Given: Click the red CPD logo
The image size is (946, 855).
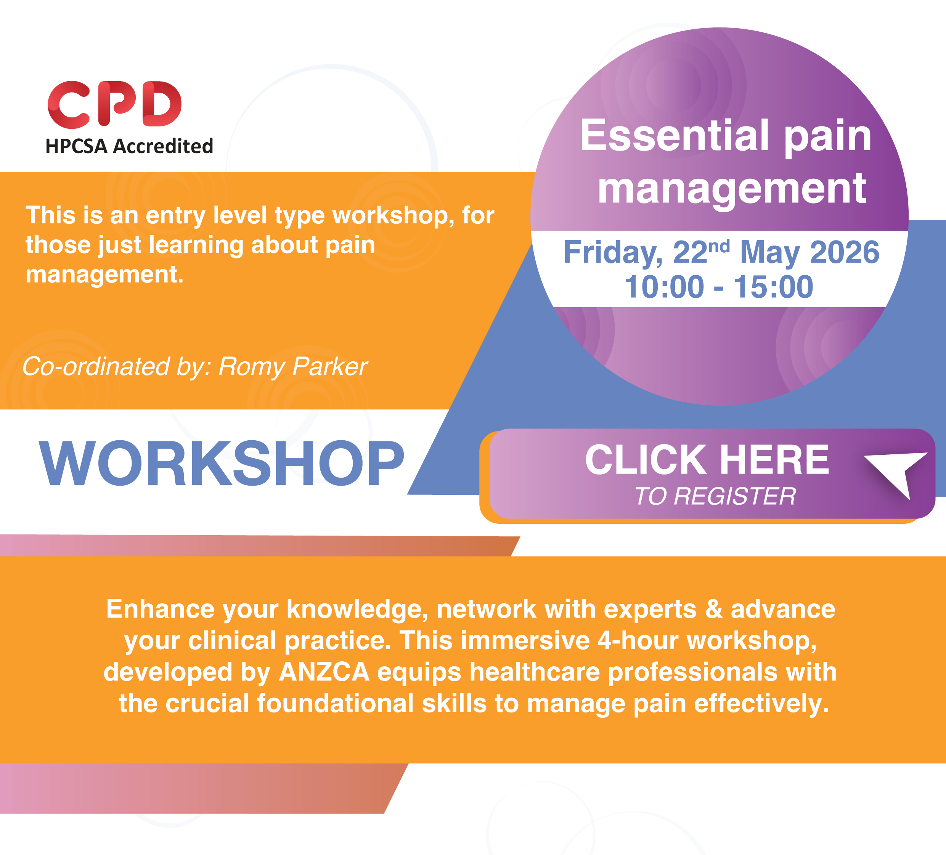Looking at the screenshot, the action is coord(114,104).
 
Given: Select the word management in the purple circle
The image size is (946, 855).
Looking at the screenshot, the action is coord(732,189).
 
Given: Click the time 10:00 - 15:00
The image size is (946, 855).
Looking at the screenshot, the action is coord(719,287).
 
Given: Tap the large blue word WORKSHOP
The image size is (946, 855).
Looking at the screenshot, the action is coord(222,464).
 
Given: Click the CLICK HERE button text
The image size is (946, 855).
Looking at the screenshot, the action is coord(707,459).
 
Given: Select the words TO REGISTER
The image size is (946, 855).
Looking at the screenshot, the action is coord(715,496).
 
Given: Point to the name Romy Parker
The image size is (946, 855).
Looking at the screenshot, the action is coord(293,366).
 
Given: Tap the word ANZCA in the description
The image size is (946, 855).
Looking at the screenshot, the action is coord(324,672).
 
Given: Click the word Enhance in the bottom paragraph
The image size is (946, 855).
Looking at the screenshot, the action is coord(161,609).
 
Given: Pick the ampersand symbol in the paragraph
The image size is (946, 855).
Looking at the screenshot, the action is coord(714,609).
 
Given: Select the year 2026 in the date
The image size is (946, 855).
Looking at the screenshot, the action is coord(845,252).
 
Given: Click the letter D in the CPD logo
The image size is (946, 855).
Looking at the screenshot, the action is coord(162,104).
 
